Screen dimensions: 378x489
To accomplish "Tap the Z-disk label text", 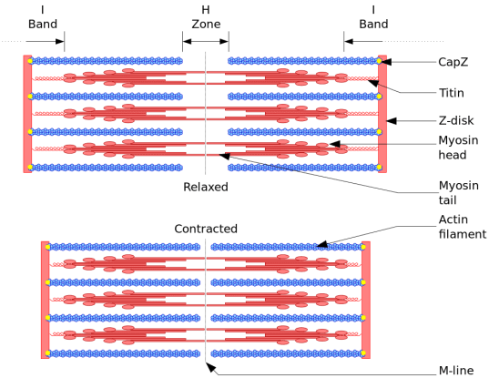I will point(454,118).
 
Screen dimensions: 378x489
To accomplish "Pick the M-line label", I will point(454,369).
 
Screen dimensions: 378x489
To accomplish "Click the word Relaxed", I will point(205,187).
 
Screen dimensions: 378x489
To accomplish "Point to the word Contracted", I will point(206,228).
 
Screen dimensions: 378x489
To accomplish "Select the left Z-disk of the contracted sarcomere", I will point(45,300).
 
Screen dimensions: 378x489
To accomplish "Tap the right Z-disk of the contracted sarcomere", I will point(366,300).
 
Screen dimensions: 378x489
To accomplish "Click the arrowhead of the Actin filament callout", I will point(319,245).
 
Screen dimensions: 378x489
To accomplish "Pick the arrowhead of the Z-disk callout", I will point(390,118).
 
